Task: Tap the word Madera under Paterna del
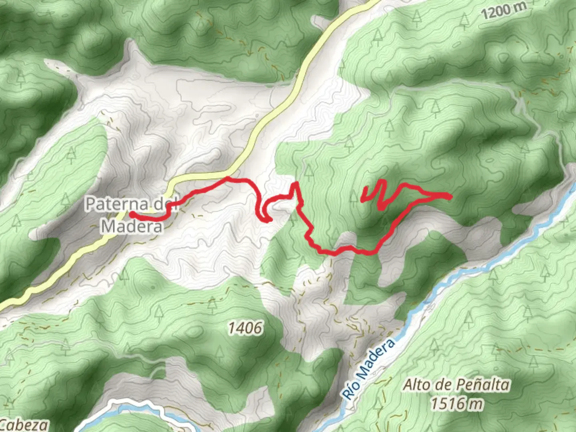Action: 132,226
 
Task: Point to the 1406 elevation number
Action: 246,328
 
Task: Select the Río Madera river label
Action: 369,369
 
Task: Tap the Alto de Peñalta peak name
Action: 456,385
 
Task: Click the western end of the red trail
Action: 131,214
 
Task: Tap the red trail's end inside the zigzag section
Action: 362,200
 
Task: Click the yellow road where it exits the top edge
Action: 374,2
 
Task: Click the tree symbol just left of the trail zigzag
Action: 353,197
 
